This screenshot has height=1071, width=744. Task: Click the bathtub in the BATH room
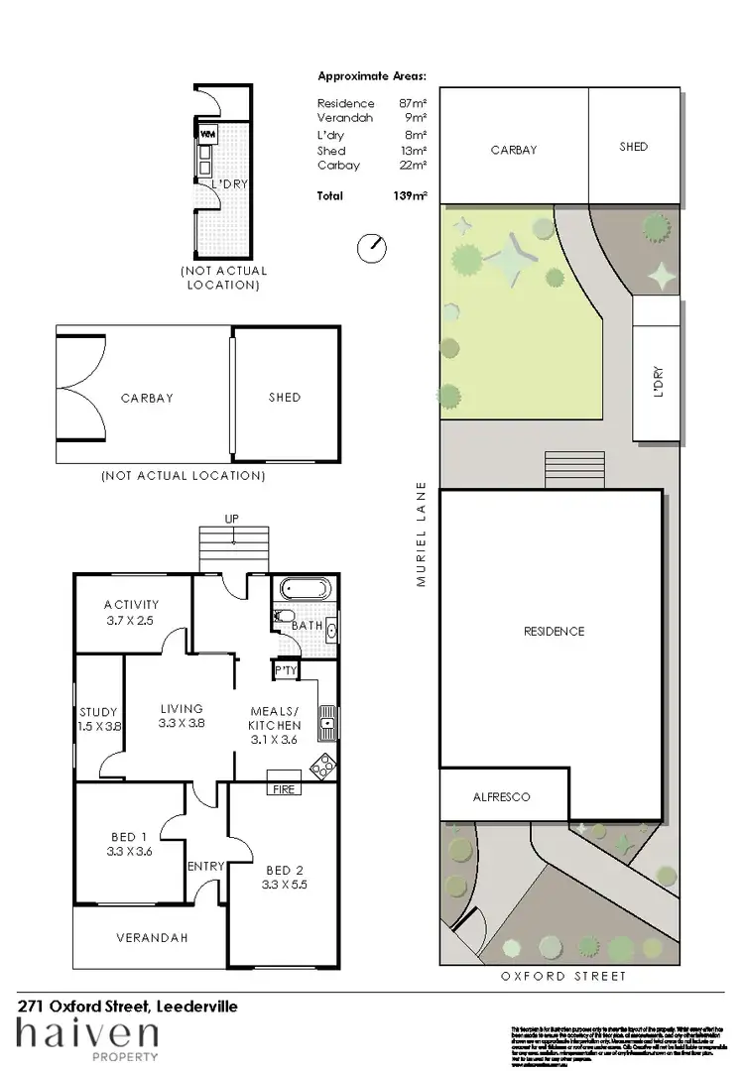pos(307,589)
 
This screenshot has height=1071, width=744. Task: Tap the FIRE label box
pos(283,788)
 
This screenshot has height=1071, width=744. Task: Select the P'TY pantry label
pos(285,671)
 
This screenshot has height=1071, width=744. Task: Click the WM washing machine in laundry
pos(208,133)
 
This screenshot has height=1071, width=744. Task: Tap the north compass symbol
pos(372,248)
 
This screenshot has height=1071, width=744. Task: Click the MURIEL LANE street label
pos(422,535)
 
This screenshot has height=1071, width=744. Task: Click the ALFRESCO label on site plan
pos(501,796)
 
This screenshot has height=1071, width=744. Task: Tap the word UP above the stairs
pos(231,519)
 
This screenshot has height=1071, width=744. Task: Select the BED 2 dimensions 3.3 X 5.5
pos(285,885)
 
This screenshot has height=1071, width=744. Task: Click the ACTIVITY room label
pos(131,605)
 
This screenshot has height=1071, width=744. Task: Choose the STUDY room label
pos(98,712)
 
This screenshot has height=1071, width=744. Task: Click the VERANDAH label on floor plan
pos(152,937)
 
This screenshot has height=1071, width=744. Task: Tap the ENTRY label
pos(206,866)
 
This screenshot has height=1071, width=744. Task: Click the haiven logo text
pos(86,1036)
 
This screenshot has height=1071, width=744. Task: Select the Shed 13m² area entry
pos(372,151)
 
